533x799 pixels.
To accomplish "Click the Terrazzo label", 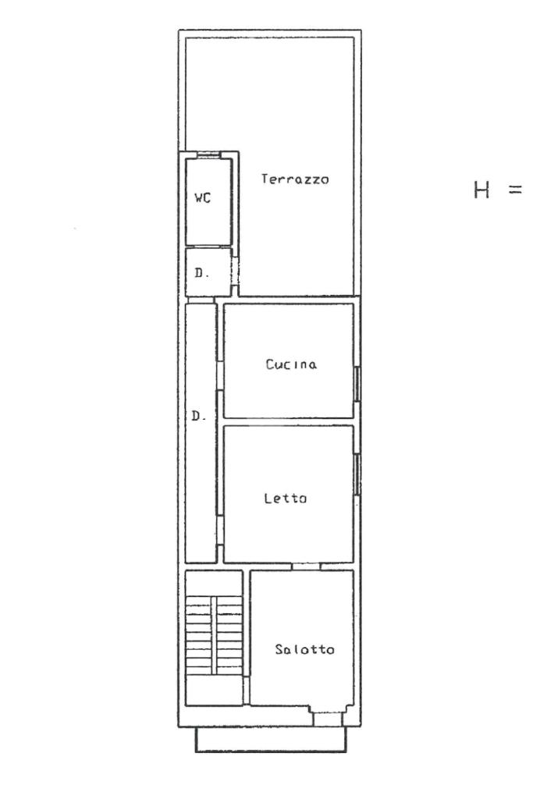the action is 295,179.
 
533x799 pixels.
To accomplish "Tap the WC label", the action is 202,197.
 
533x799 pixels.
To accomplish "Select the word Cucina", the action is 291,364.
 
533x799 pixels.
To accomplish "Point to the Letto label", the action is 286,498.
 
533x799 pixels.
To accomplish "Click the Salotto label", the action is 304,648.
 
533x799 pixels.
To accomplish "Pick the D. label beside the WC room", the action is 202,272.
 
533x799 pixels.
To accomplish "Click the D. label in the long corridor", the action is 199,416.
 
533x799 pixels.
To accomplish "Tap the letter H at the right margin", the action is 481,190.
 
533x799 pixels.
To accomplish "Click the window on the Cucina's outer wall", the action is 357,384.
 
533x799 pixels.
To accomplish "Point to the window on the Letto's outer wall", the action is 357,474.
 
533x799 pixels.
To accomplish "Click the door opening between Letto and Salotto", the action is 306,566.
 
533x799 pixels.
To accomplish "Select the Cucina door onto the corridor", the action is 220,375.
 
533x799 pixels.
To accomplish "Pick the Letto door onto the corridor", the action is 220,531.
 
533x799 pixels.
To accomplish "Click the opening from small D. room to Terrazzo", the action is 235,272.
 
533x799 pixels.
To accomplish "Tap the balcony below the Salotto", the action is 271,739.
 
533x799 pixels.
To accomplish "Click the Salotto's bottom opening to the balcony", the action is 327,719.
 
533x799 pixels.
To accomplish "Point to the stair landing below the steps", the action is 214,691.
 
